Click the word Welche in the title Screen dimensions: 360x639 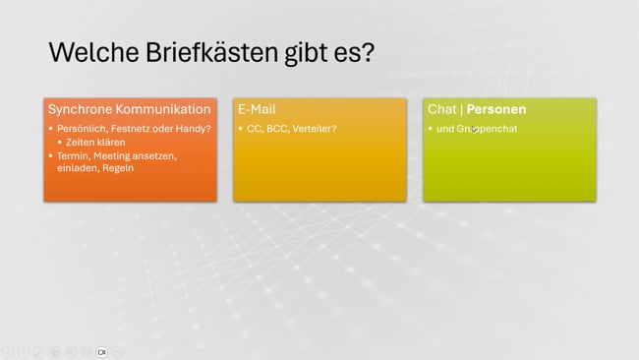tap(92, 51)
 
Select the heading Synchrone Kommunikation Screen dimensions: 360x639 tap(130, 109)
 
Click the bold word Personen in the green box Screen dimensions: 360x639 tap(495, 109)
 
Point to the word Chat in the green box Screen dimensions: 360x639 tap(441, 109)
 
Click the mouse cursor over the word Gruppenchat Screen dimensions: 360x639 tap(474, 129)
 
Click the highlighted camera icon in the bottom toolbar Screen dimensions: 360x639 tap(101, 351)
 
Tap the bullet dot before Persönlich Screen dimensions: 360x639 tap(50, 129)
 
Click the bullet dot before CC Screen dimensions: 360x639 tap(241, 129)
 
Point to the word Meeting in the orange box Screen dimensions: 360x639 tap(115, 155)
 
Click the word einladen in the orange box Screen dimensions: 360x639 tap(76, 168)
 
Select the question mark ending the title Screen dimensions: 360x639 tap(367, 51)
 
